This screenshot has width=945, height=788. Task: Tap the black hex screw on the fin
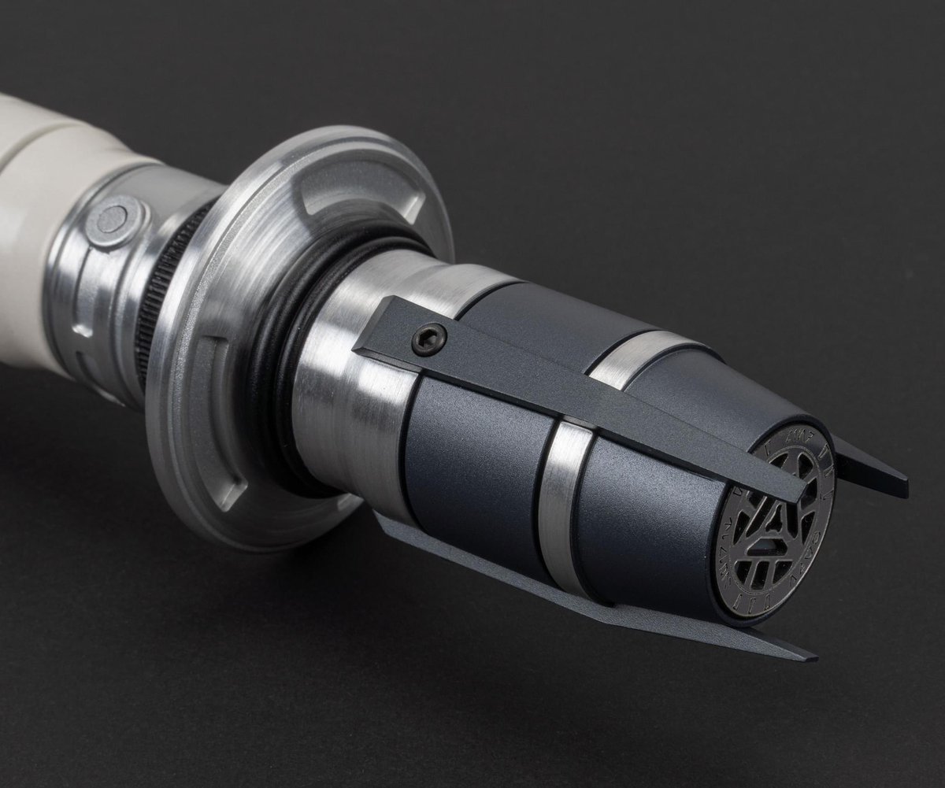429,339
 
